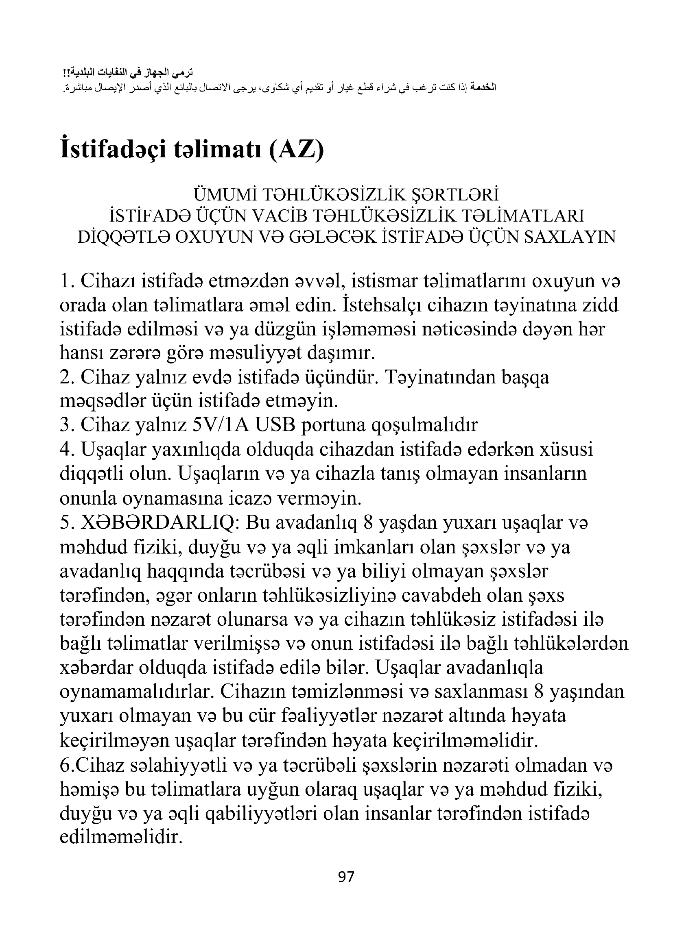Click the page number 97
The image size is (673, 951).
pyautogui.click(x=346, y=877)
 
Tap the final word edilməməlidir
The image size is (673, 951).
pyautogui.click(x=121, y=837)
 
